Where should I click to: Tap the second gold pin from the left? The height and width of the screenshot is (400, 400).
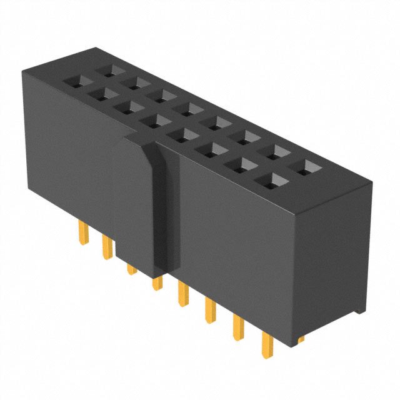coord(106,247)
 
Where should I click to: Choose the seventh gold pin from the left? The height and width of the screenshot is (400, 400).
coord(238,327)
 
